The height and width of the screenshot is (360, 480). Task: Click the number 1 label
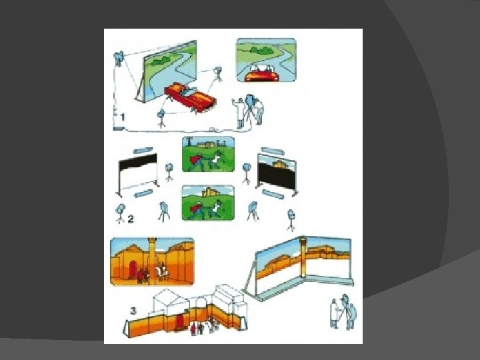coord(123,117)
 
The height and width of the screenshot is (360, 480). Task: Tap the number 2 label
coord(131,219)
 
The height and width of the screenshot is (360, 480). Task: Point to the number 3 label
coord(133,311)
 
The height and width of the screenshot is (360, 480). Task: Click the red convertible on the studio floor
coord(190,97)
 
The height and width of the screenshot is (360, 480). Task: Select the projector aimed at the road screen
coord(118,58)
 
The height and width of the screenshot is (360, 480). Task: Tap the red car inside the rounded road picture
coord(262,74)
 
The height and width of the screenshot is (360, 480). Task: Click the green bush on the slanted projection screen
coord(160,61)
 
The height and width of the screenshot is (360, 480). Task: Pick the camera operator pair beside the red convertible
coord(248,110)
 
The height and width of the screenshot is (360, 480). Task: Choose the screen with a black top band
coord(138,175)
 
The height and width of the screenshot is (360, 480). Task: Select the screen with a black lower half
coord(277,175)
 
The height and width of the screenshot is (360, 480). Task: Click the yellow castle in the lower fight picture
coord(209,191)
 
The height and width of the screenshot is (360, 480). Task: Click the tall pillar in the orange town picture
coord(152,261)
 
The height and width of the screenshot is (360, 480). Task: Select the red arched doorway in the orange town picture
coord(133,269)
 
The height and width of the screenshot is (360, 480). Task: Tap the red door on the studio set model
coord(179,322)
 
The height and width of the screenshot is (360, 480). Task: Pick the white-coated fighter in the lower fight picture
coord(217,208)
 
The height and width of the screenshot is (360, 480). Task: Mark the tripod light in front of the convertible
coord(161,119)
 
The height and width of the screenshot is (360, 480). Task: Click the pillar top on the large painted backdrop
coord(303,240)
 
